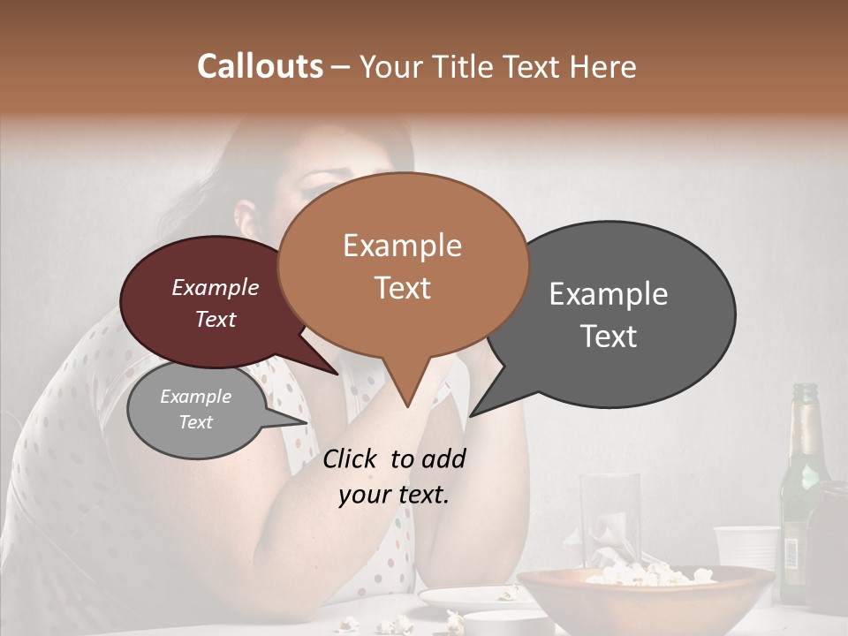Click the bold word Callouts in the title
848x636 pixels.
click(x=260, y=66)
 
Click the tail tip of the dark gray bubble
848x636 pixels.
click(x=472, y=415)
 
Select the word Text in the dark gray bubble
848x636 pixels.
click(x=609, y=337)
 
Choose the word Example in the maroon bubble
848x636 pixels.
click(x=215, y=287)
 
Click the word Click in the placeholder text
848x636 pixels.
click(x=351, y=458)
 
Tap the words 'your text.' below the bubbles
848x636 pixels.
click(x=394, y=495)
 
